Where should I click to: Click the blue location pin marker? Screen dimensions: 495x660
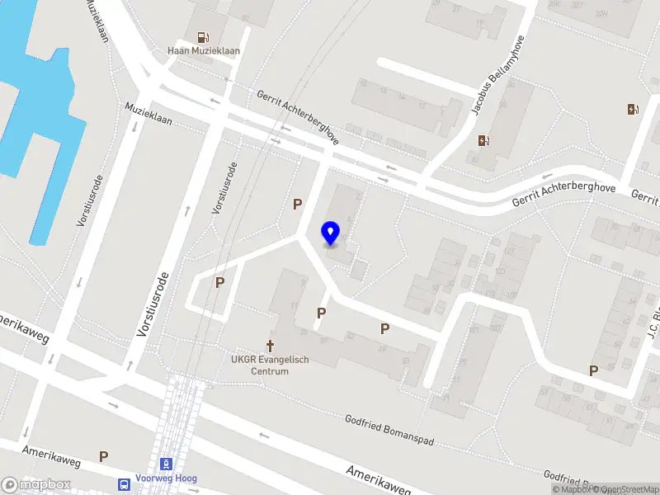point(331,233)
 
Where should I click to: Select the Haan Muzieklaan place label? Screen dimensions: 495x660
point(204,51)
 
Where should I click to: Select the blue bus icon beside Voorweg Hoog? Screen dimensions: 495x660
point(124,483)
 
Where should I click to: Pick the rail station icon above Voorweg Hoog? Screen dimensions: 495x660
point(167,464)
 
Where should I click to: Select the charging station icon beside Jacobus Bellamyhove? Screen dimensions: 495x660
point(483,139)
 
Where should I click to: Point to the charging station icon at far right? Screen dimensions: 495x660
point(633,109)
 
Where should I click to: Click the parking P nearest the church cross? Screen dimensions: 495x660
point(322,313)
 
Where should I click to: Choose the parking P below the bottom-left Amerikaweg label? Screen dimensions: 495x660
point(104,455)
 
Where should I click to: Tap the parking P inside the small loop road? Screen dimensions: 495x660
point(220,282)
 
